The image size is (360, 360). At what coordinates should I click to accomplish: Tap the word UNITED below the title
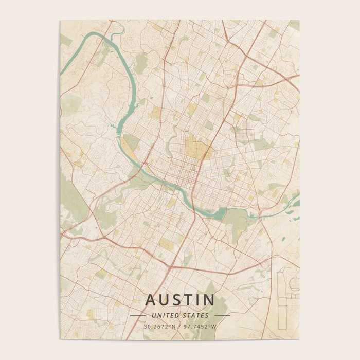coord(164,315)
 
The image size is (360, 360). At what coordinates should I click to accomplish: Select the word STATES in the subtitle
coord(196,315)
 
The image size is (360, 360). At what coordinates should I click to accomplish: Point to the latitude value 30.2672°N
coord(159,326)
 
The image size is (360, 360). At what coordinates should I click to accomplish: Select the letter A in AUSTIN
coord(150,300)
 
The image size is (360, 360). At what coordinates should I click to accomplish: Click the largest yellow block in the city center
coord(196,148)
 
